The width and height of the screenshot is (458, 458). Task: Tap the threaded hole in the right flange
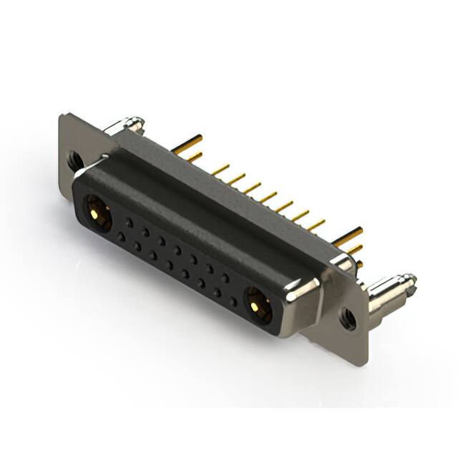348,317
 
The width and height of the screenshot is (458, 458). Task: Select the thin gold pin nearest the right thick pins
315,223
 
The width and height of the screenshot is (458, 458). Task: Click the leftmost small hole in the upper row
130,223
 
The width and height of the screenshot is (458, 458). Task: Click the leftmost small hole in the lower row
122,236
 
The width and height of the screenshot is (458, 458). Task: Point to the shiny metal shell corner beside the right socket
302,290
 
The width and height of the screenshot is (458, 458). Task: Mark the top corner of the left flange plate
63,116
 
